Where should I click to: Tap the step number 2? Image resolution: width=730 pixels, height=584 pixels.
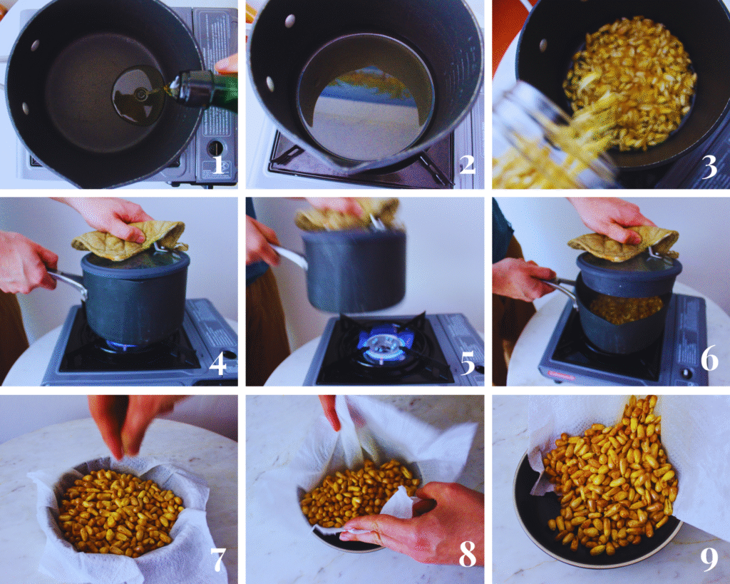[x=467, y=165]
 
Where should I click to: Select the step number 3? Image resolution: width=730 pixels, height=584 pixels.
[x=709, y=166]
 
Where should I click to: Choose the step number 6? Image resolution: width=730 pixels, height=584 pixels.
[x=709, y=359]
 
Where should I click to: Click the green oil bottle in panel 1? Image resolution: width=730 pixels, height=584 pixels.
[x=207, y=90]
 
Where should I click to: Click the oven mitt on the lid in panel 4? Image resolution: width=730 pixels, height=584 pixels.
[x=128, y=239]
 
